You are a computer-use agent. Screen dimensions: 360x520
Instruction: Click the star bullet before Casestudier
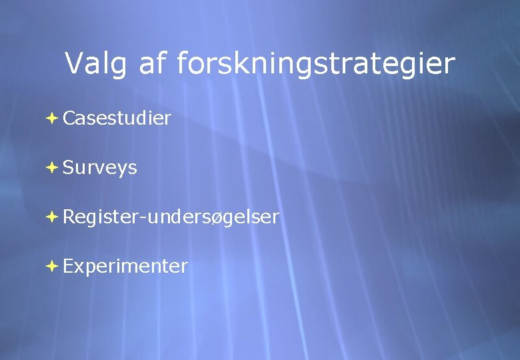point(52,119)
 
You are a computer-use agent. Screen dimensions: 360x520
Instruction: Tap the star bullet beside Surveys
point(52,168)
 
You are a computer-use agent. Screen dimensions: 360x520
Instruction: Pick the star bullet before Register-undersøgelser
point(52,217)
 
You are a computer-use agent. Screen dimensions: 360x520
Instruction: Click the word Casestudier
point(117,119)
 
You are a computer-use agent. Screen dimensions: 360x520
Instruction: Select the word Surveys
point(100,168)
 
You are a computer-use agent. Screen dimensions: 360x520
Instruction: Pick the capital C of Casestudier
point(69,119)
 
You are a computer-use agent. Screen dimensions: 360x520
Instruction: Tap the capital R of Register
point(69,217)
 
